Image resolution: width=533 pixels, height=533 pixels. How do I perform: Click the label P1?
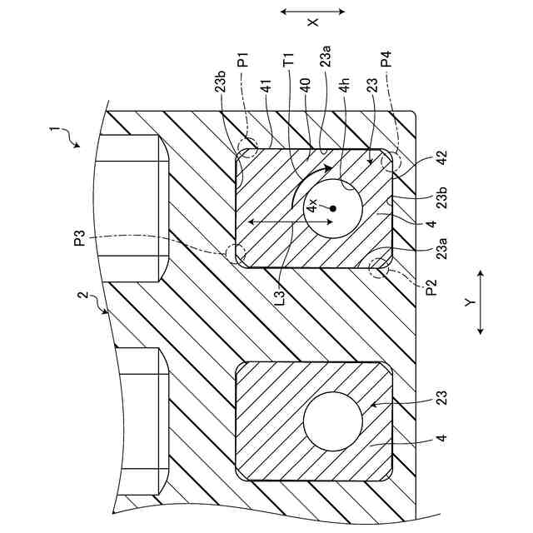pyautogui.click(x=242, y=62)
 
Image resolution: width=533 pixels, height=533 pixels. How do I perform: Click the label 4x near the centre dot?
pyautogui.click(x=311, y=203)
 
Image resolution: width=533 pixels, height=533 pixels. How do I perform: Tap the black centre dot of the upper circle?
pyautogui.click(x=331, y=207)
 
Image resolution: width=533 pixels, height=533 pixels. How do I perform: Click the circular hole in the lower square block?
pyautogui.click(x=332, y=421)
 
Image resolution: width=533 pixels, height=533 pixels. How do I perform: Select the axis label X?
pyautogui.click(x=312, y=22)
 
